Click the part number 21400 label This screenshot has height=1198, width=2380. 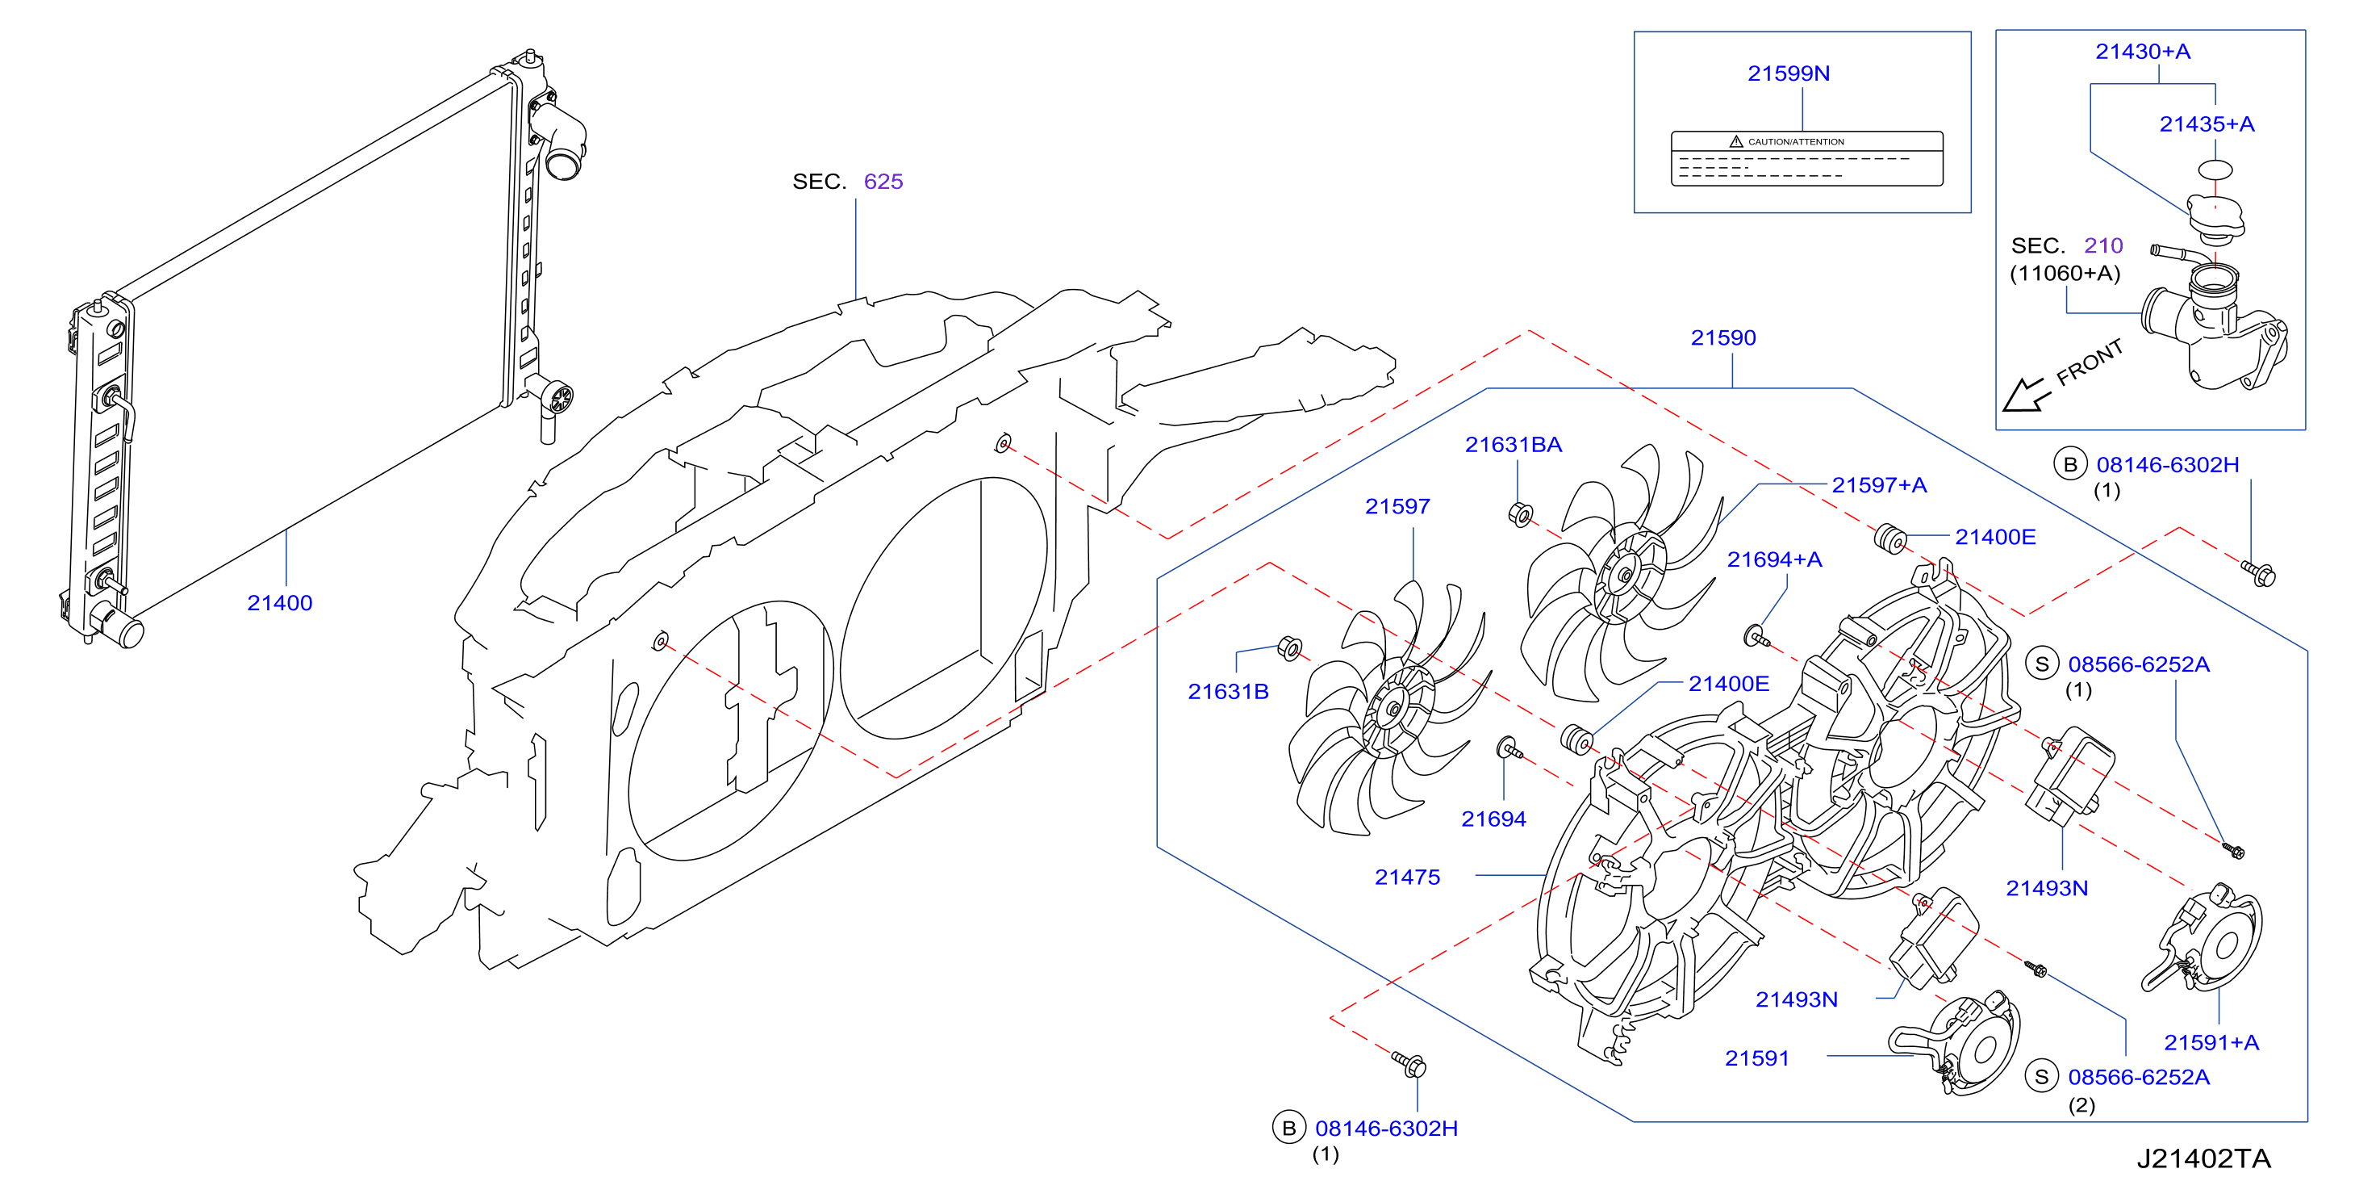click(279, 603)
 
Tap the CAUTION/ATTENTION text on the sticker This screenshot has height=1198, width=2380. click(1795, 142)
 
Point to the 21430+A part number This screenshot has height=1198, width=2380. click(2143, 52)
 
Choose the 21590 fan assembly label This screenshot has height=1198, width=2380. click(1723, 338)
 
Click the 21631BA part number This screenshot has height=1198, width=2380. click(1514, 445)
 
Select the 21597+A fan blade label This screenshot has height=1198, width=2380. click(1879, 485)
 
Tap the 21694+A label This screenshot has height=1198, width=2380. click(1775, 559)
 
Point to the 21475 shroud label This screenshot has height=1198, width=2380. click(1407, 878)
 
